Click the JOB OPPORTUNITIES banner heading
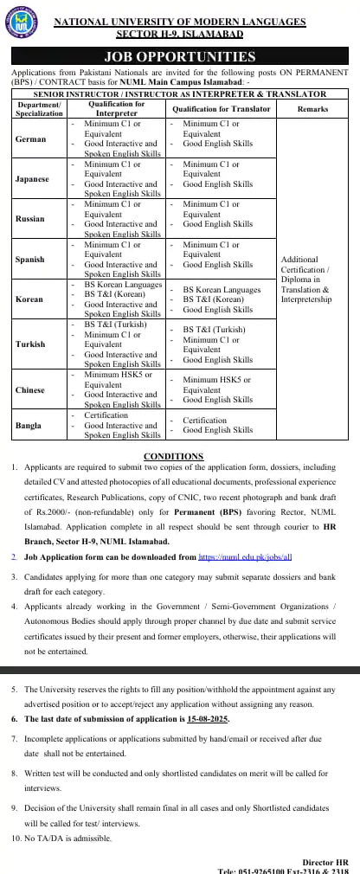(x=180, y=57)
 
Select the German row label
(x=30, y=138)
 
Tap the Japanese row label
(x=32, y=179)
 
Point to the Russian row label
(x=30, y=219)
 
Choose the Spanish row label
(x=30, y=260)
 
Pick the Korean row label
(x=29, y=299)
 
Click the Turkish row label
(x=30, y=344)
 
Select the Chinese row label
(x=30, y=390)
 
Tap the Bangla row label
(x=29, y=426)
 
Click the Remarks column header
(x=312, y=109)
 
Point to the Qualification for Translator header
(x=222, y=109)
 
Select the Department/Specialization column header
(x=39, y=109)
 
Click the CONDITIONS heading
(x=173, y=456)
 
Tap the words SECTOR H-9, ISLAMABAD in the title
(x=179, y=33)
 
